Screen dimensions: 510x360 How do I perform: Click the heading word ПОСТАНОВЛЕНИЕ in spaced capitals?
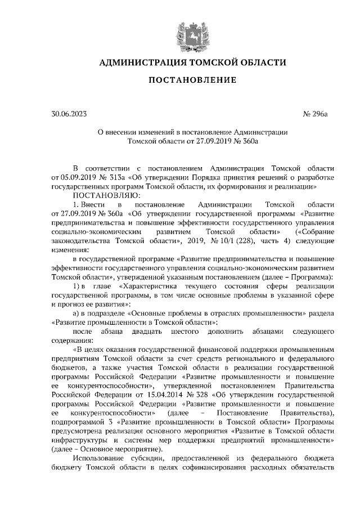(x=192, y=81)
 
